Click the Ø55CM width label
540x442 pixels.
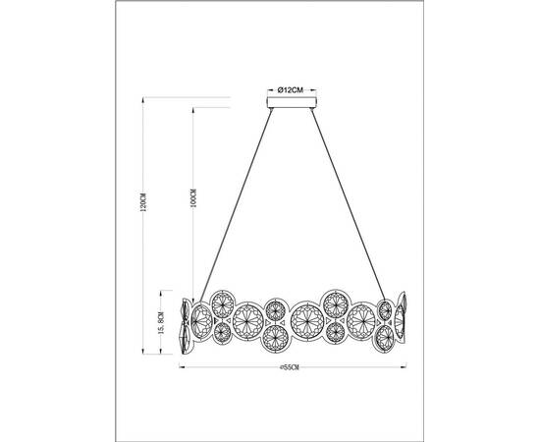[x=290, y=368]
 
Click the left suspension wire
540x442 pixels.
[x=236, y=196]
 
